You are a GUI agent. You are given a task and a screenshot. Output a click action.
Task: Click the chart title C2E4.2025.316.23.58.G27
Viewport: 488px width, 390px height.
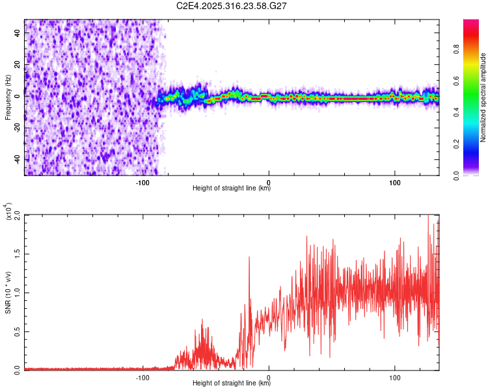(x=232, y=6)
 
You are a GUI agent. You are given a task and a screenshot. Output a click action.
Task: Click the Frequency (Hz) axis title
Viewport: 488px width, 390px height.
(x=8, y=97)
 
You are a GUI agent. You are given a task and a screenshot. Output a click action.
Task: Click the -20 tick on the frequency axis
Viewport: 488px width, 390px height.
(x=18, y=127)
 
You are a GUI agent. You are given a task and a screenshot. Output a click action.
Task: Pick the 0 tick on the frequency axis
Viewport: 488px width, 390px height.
(x=18, y=96)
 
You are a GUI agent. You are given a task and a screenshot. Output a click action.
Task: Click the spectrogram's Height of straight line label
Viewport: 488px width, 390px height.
(x=232, y=188)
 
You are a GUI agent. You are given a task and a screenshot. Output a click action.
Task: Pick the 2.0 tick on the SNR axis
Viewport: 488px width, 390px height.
(x=18, y=214)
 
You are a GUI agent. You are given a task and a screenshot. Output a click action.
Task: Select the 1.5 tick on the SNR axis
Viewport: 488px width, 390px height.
(x=18, y=253)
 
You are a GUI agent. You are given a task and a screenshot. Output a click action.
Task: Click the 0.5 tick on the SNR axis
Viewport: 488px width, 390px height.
(x=18, y=330)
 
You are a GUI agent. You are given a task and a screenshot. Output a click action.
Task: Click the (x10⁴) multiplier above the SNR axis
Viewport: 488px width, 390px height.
(x=8, y=211)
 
